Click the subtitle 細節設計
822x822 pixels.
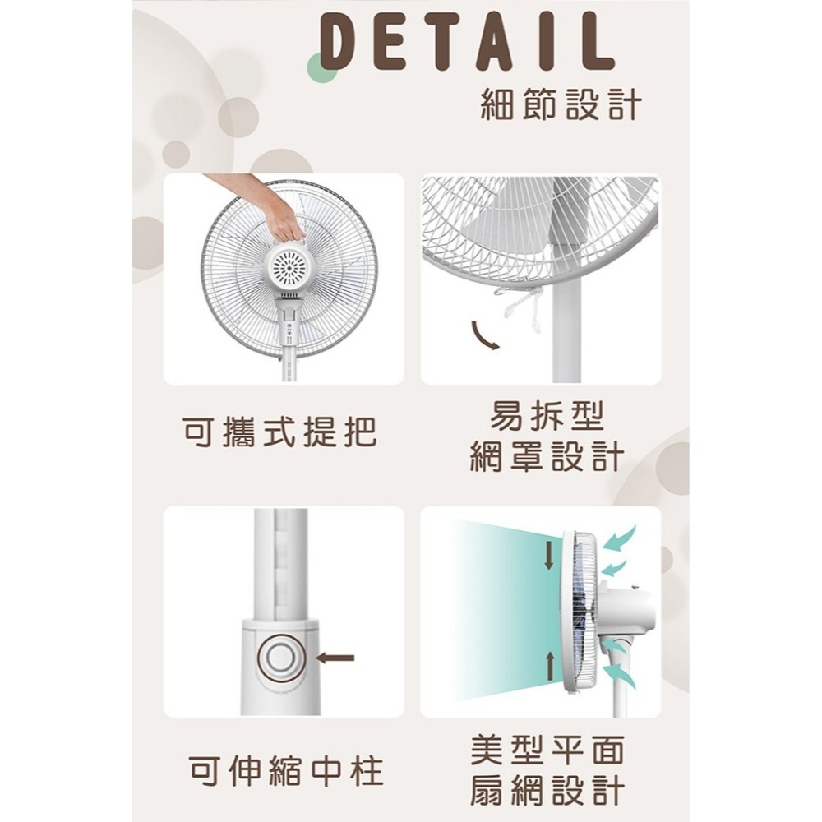point(561,104)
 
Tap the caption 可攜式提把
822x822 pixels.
point(279,432)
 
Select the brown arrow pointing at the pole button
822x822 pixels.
point(336,658)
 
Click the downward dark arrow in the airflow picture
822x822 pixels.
point(549,556)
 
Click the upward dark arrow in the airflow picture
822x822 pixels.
point(549,667)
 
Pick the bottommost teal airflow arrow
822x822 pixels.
point(621,674)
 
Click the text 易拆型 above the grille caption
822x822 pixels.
point(547,416)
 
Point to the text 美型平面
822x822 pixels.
point(547,750)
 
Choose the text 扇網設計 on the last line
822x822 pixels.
point(547,791)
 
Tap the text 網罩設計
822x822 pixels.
point(547,456)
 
